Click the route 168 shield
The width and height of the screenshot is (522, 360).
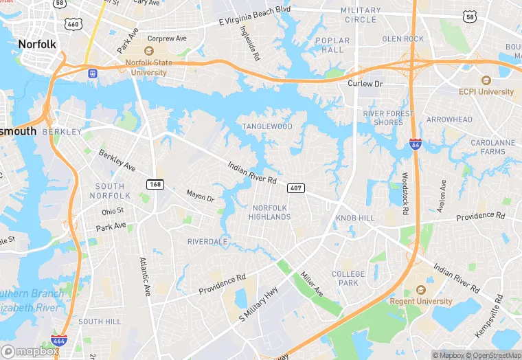(x=155, y=184)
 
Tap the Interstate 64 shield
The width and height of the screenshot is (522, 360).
(x=416, y=144)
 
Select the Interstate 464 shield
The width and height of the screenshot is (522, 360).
(x=60, y=340)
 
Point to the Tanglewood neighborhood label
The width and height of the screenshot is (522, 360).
(x=267, y=126)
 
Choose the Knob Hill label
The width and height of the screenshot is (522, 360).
(x=355, y=217)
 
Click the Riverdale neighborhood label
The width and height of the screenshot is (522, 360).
(x=207, y=242)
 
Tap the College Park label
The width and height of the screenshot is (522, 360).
(x=348, y=278)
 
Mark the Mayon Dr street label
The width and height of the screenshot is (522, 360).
(x=201, y=196)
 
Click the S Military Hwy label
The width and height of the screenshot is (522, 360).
(x=260, y=303)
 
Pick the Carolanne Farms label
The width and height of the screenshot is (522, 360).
(x=492, y=147)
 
